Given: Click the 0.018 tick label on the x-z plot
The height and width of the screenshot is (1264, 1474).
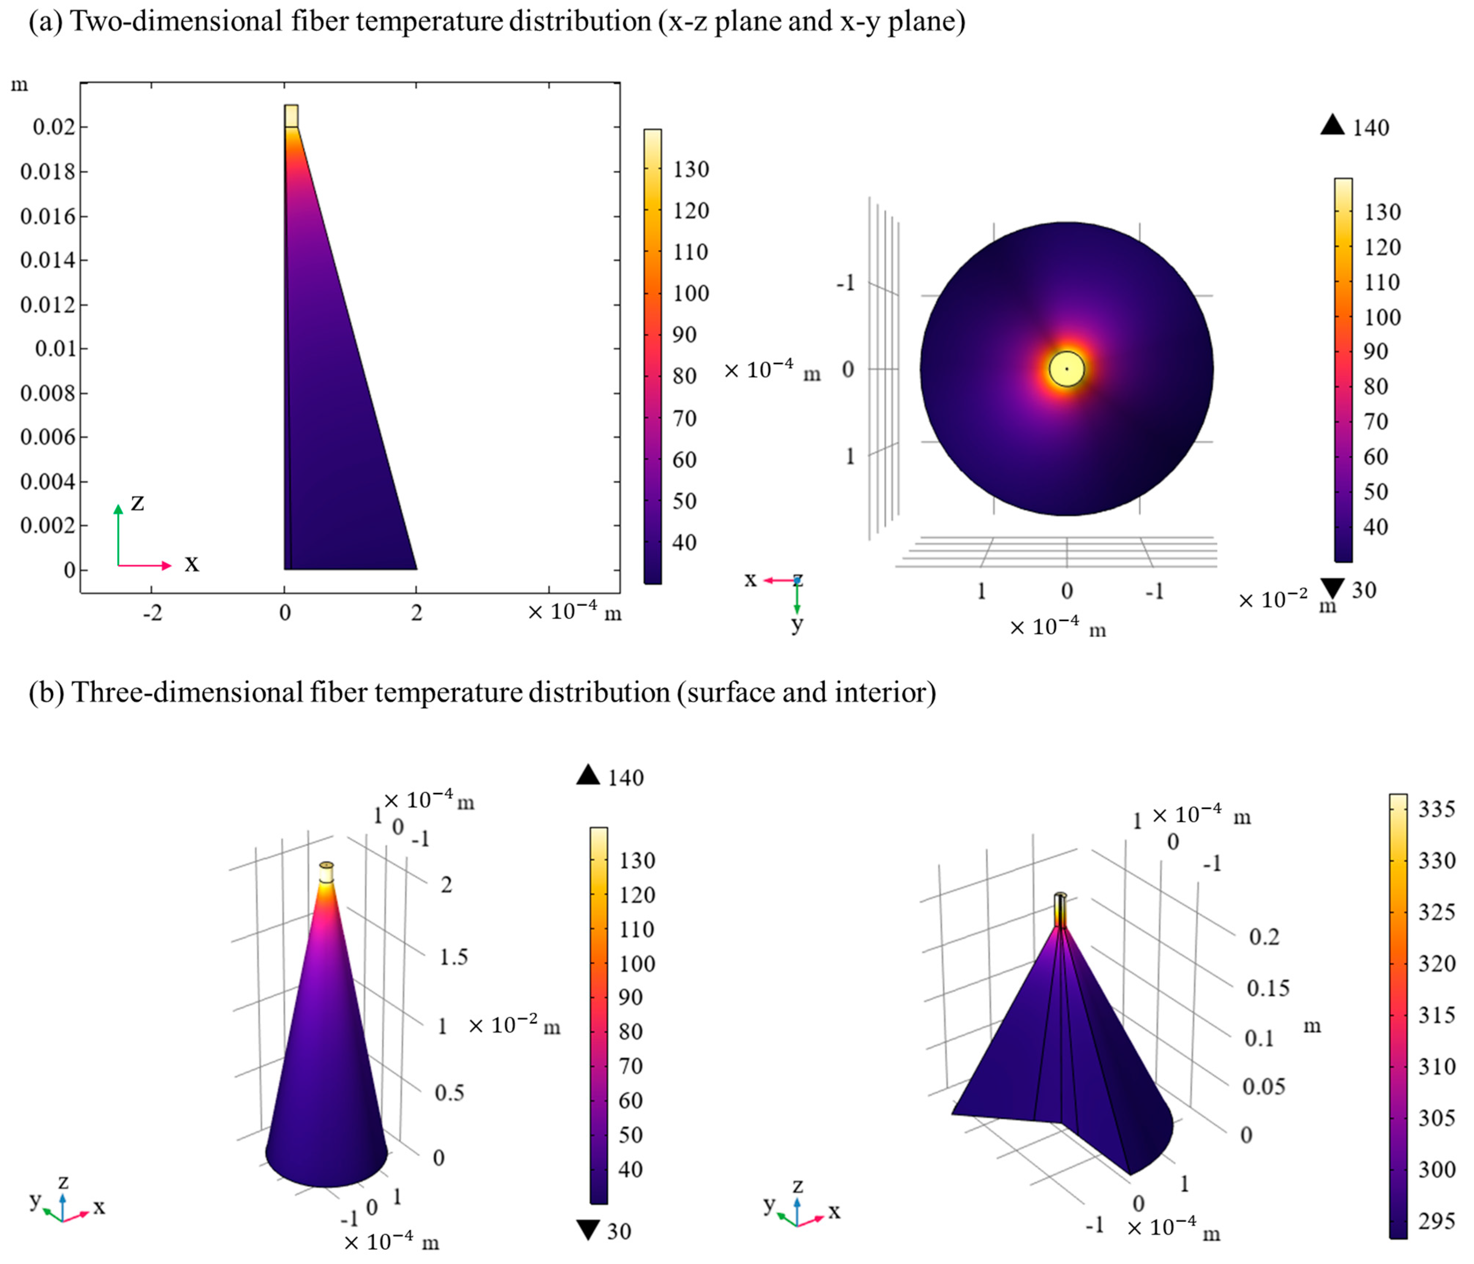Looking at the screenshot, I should [47, 171].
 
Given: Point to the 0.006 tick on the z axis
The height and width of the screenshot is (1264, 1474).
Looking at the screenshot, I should [47, 437].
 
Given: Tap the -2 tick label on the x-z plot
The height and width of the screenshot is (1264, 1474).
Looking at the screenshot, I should [152, 612].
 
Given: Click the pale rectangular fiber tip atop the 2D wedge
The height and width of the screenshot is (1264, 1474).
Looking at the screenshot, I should [291, 116].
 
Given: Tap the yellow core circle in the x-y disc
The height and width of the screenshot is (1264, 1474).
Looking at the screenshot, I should [1066, 368].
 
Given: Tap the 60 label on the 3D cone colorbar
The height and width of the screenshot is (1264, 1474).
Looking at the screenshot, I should [630, 1100].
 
